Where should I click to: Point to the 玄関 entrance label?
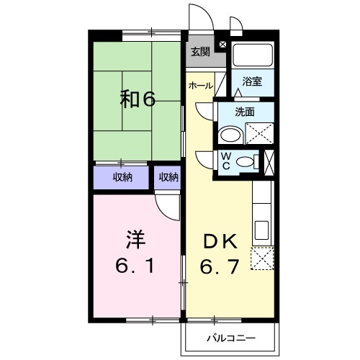pos(199,51)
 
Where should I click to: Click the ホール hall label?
pos(200,86)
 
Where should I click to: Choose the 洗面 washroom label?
pos(246,112)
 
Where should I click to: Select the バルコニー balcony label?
pos(230,336)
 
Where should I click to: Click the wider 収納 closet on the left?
pos(121,177)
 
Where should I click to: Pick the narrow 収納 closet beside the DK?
pos(168,177)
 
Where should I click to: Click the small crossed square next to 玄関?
pos(222,44)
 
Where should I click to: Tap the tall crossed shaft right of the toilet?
pos(269,161)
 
